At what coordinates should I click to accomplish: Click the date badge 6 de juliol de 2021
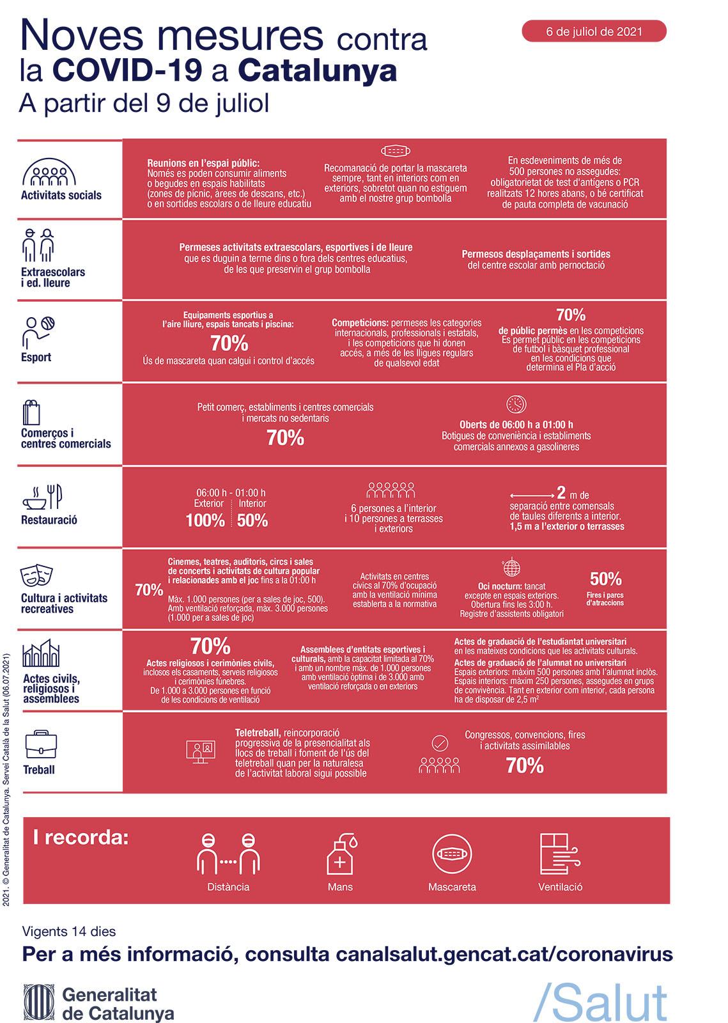[x=593, y=31]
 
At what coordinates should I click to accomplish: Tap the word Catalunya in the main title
[x=317, y=72]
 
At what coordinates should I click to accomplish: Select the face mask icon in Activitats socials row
[x=395, y=151]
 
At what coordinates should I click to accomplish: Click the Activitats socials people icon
[x=49, y=172]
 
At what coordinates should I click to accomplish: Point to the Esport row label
[x=36, y=357]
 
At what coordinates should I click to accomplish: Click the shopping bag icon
[x=31, y=412]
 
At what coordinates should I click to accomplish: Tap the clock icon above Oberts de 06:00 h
[x=516, y=404]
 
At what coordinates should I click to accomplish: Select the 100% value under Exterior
[x=205, y=520]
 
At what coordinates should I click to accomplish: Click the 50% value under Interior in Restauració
[x=252, y=520]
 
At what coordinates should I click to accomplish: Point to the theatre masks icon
[x=36, y=576]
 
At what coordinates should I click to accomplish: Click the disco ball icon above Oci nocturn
[x=511, y=566]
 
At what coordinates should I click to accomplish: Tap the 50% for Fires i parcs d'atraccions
[x=605, y=579]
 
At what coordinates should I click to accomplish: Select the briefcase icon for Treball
[x=41, y=744]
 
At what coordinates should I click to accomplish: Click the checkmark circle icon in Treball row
[x=440, y=743]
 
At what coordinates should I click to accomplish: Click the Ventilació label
[x=560, y=887]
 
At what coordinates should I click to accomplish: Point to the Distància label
[x=228, y=887]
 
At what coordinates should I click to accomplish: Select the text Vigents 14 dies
[x=69, y=931]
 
